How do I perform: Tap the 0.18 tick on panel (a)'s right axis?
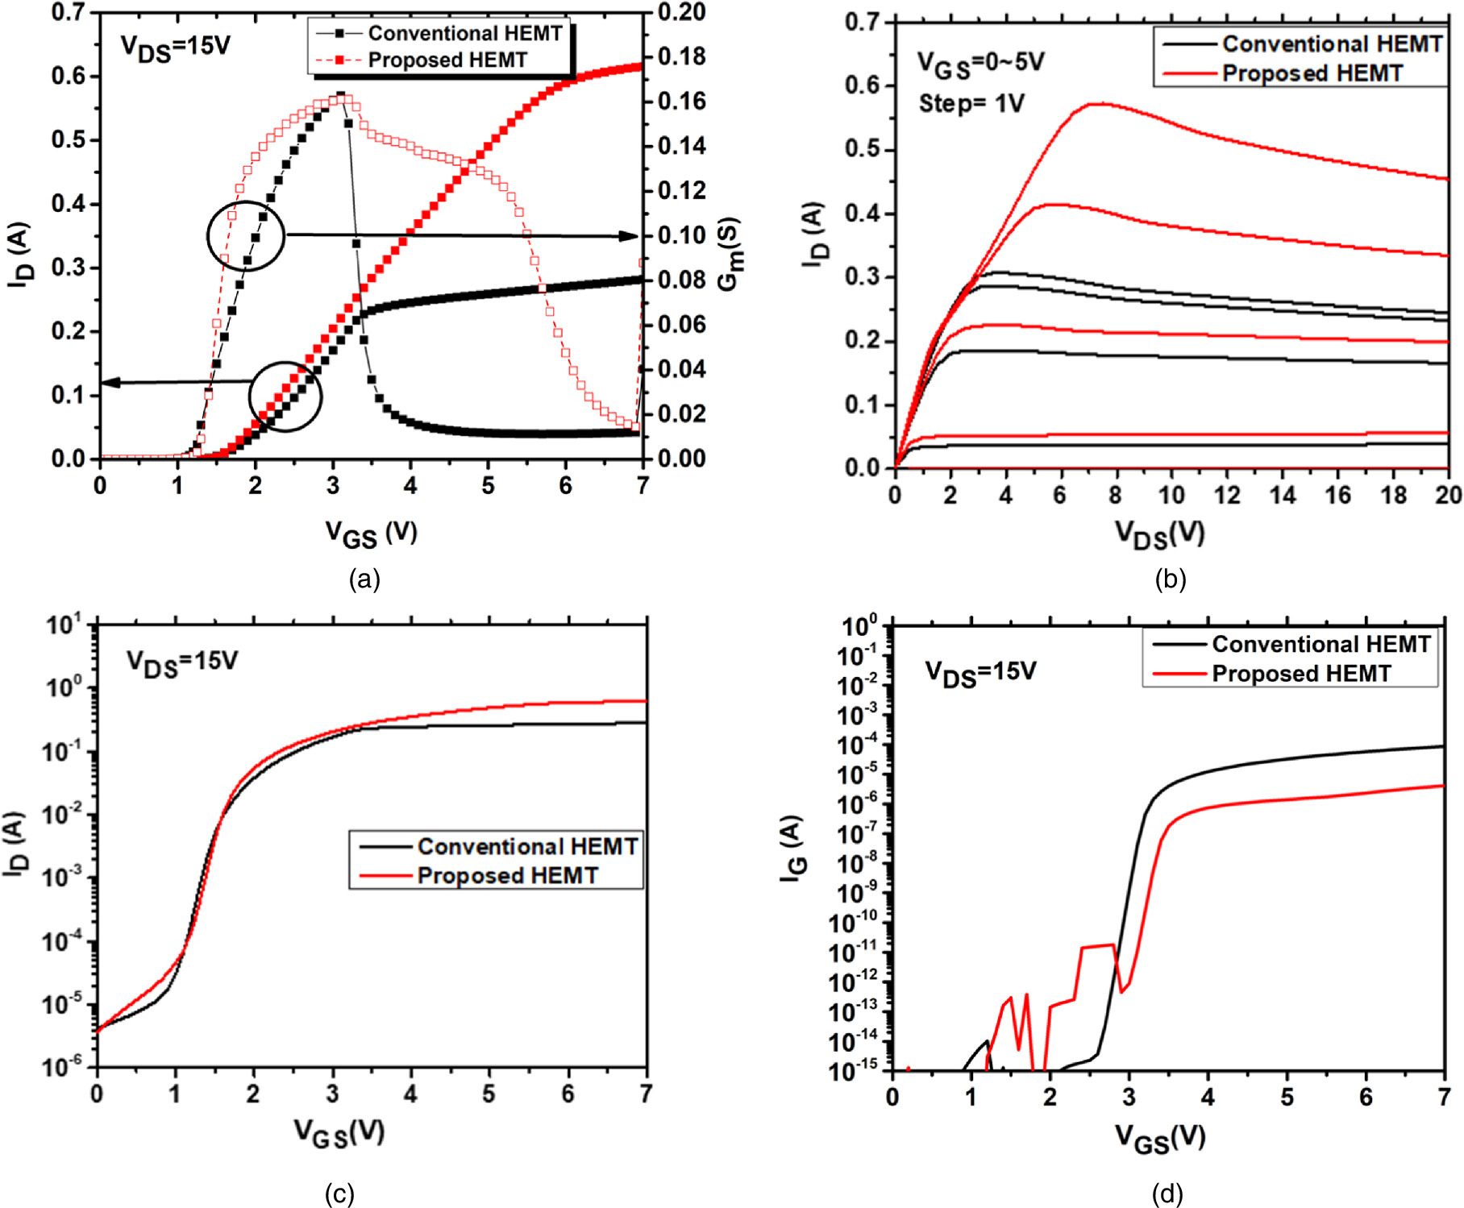click(681, 57)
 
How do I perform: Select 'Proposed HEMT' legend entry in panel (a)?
click(447, 60)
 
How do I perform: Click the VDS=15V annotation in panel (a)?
click(176, 46)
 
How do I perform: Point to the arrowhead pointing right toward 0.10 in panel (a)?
click(630, 236)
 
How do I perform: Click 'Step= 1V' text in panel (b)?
click(971, 104)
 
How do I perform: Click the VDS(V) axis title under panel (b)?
click(1160, 533)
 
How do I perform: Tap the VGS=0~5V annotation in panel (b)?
click(980, 64)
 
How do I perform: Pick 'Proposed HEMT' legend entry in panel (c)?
click(507, 876)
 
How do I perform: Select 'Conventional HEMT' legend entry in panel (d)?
click(1321, 645)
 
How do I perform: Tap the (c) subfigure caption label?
click(339, 1193)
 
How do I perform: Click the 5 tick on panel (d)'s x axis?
click(1287, 1098)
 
